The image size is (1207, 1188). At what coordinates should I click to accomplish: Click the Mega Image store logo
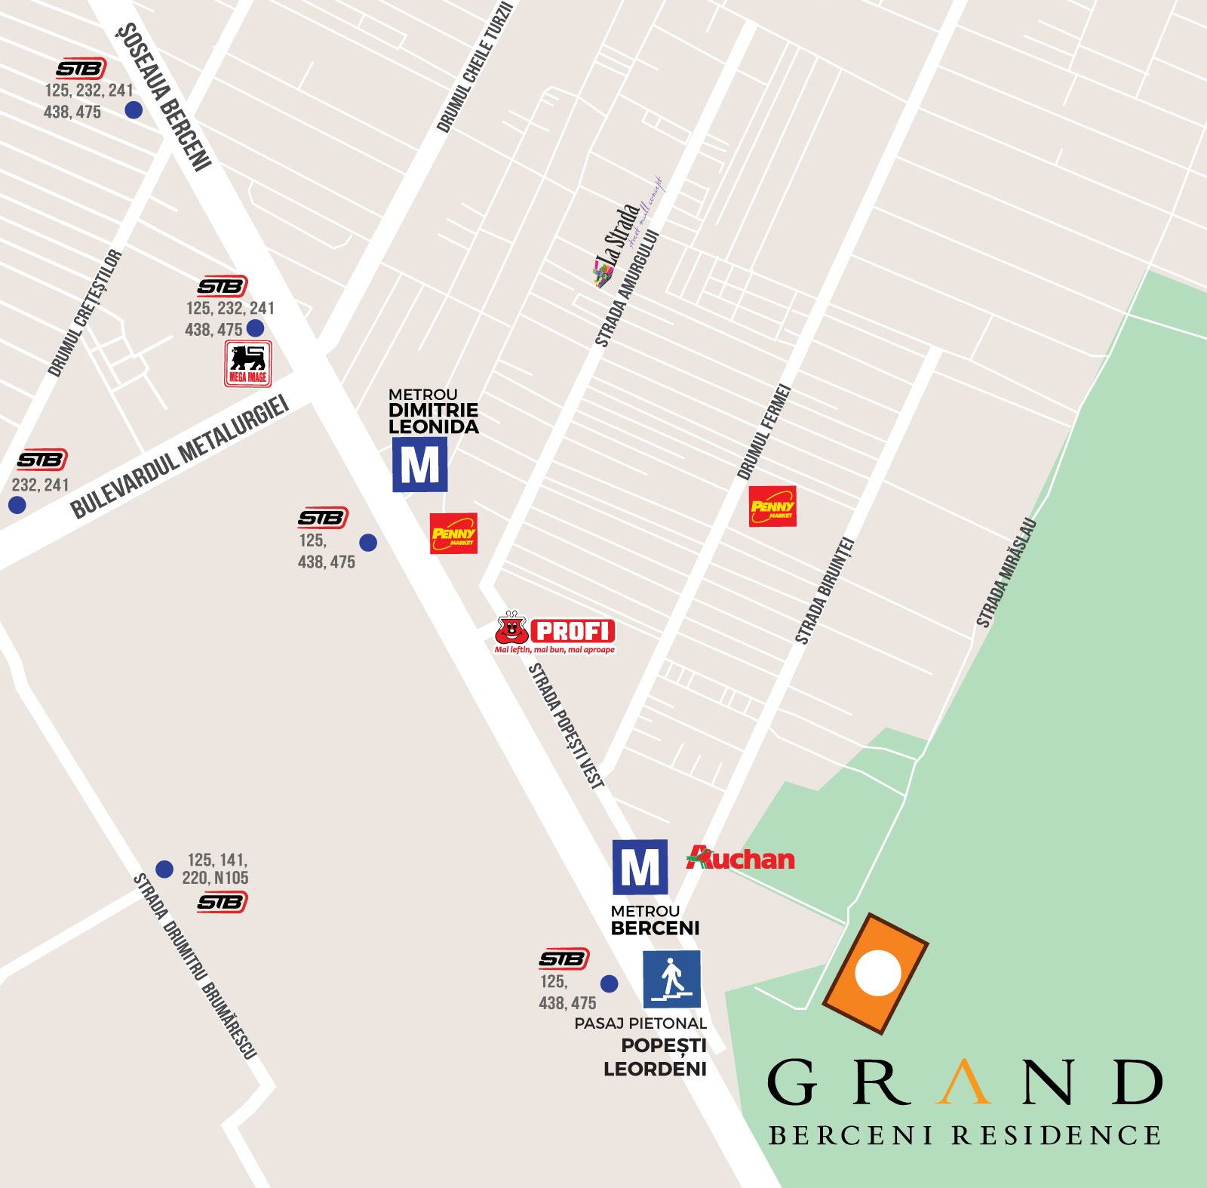[247, 364]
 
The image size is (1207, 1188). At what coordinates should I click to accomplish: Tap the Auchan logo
[740, 858]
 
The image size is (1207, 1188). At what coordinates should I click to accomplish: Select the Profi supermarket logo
[555, 633]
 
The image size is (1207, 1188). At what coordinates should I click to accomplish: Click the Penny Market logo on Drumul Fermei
[772, 506]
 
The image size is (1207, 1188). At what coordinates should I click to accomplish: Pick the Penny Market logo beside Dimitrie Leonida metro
[453, 534]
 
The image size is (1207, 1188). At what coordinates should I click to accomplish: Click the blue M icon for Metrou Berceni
[640, 867]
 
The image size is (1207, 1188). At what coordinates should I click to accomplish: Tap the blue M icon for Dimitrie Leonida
[420, 465]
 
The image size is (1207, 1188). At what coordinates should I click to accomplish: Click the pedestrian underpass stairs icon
[671, 979]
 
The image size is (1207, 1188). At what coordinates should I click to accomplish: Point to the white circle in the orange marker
[877, 973]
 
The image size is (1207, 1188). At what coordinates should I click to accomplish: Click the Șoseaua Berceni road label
[164, 96]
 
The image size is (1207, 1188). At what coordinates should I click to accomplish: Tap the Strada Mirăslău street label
[1006, 573]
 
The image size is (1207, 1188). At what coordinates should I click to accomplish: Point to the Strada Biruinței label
[824, 590]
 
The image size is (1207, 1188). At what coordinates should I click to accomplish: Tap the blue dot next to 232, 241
[17, 505]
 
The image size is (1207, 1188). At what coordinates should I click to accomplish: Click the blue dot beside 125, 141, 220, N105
[164, 869]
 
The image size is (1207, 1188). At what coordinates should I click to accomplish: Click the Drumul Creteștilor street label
[84, 312]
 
